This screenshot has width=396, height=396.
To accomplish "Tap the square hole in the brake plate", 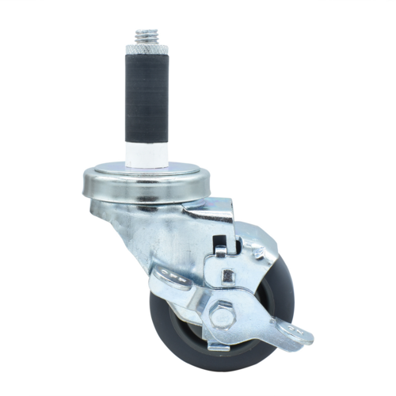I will pyautogui.click(x=227, y=276).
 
